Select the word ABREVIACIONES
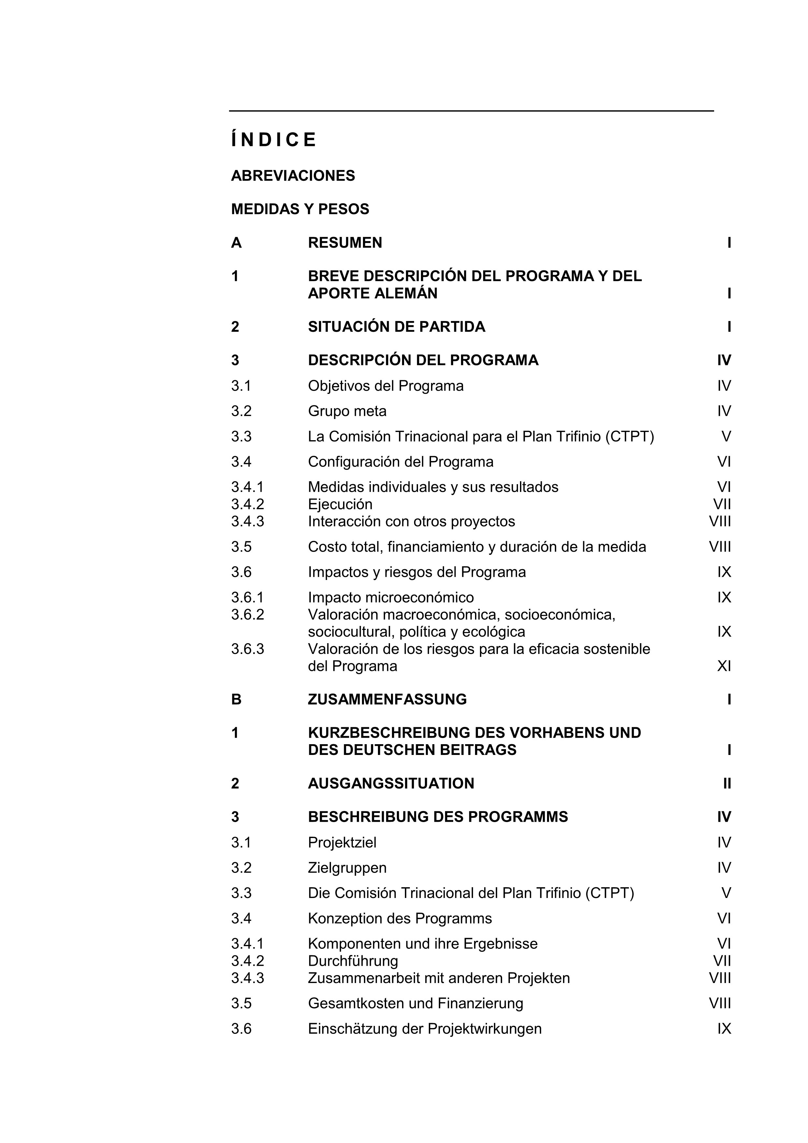point(293,176)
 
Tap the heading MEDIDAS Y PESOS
point(300,209)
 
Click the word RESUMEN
point(345,243)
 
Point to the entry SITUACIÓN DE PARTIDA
point(396,327)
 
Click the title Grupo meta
point(347,411)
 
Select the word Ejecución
point(340,504)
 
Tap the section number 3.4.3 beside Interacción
point(247,522)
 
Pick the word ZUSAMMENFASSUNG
point(387,700)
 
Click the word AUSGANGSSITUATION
point(391,784)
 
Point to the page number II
point(727,784)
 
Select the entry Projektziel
point(342,843)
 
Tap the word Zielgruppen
point(347,868)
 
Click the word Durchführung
point(353,961)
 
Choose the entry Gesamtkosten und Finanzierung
point(415,1003)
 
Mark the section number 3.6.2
point(247,615)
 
